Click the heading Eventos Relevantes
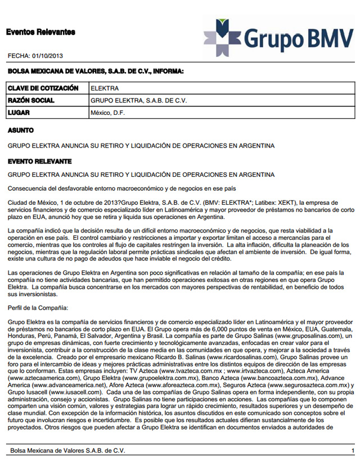coord(40,32)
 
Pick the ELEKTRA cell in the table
coord(105,88)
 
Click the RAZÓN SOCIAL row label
coord(31,101)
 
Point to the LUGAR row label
coord(19,113)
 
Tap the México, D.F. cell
coord(107,113)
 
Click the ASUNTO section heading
coord(21,130)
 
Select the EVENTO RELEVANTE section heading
coord(39,162)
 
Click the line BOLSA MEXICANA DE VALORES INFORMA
coord(96,71)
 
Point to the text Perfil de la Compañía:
coord(38,308)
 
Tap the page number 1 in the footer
coord(352,451)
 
